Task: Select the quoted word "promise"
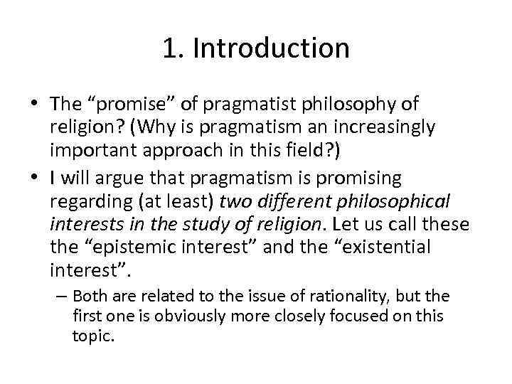(x=119, y=105)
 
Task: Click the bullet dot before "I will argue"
(x=36, y=177)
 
